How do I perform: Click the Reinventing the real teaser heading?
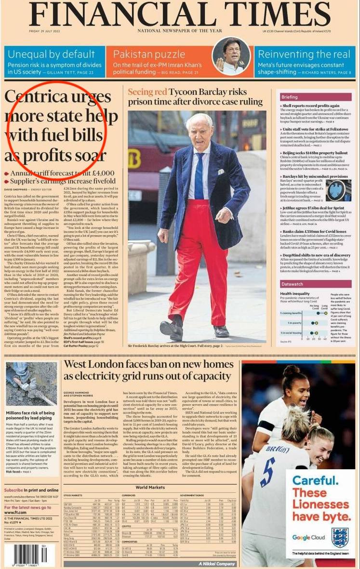(304, 53)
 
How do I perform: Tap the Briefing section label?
(290, 97)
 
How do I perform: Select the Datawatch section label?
(293, 284)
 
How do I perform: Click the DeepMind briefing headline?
(316, 255)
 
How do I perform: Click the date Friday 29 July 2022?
(47, 32)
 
